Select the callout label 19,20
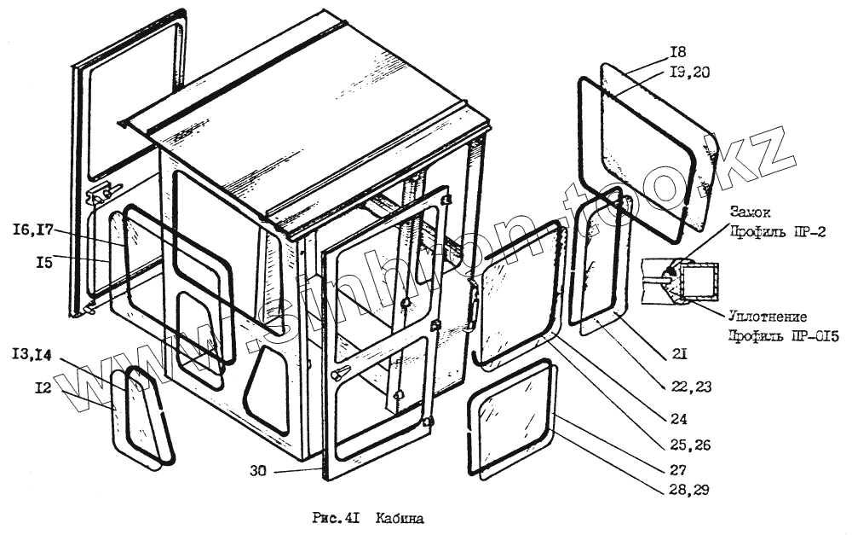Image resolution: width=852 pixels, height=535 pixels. pyautogui.click(x=690, y=73)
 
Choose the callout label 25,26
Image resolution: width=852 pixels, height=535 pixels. pyautogui.click(x=690, y=445)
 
